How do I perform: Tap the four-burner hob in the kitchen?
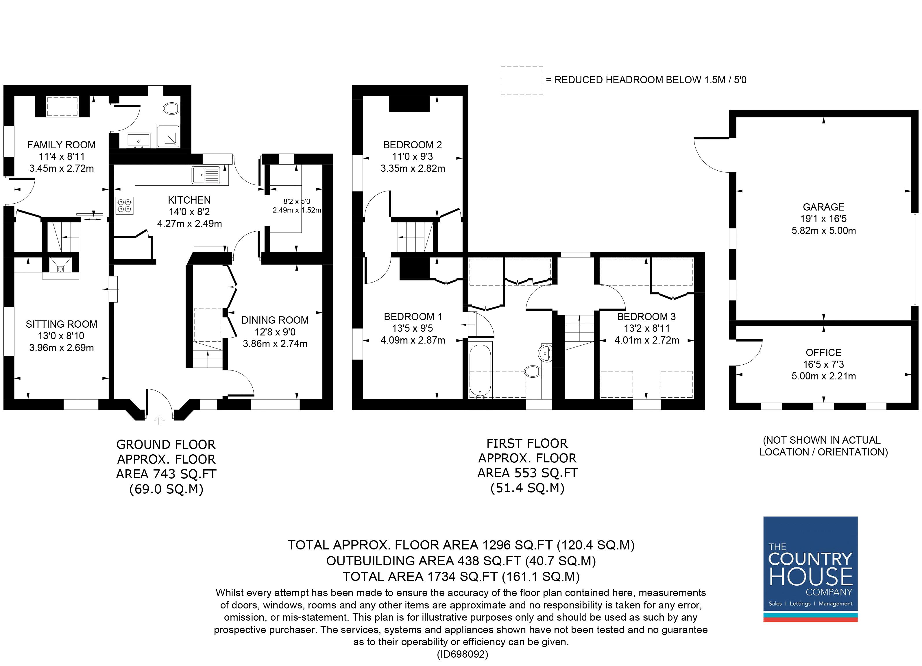125,205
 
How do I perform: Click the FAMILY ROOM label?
61,145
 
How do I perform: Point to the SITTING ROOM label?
61,324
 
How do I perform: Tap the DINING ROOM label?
275,320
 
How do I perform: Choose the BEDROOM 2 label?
412,145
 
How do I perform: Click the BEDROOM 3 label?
646,316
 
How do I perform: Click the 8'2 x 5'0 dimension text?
297,201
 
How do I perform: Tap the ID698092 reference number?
462,654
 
